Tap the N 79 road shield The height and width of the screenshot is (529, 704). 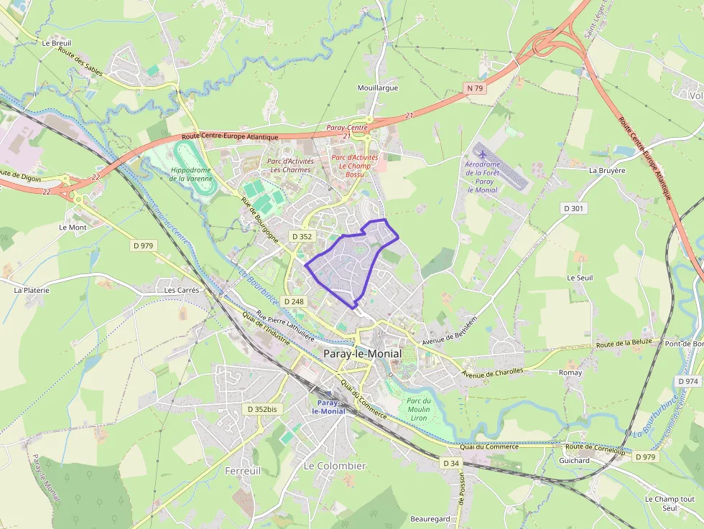(x=474, y=88)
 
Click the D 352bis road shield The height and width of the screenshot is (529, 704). (x=261, y=409)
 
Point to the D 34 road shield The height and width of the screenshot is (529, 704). (x=451, y=463)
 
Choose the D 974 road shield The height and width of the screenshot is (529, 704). (x=687, y=381)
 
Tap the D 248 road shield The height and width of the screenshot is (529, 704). (x=295, y=301)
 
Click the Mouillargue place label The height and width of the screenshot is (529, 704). (x=378, y=88)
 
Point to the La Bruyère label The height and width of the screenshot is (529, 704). (x=607, y=171)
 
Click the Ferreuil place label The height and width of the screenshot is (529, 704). (x=243, y=471)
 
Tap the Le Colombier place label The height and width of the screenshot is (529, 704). (x=335, y=466)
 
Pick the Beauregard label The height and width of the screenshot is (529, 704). (x=430, y=519)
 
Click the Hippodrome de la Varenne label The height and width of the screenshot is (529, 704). (x=190, y=174)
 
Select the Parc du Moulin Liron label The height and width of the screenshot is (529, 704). (x=418, y=409)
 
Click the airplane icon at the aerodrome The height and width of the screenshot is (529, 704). (x=481, y=154)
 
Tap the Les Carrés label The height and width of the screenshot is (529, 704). (x=182, y=290)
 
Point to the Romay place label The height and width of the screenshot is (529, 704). (x=570, y=373)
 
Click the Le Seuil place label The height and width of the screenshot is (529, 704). (x=580, y=278)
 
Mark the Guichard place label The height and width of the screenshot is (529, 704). (x=574, y=461)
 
